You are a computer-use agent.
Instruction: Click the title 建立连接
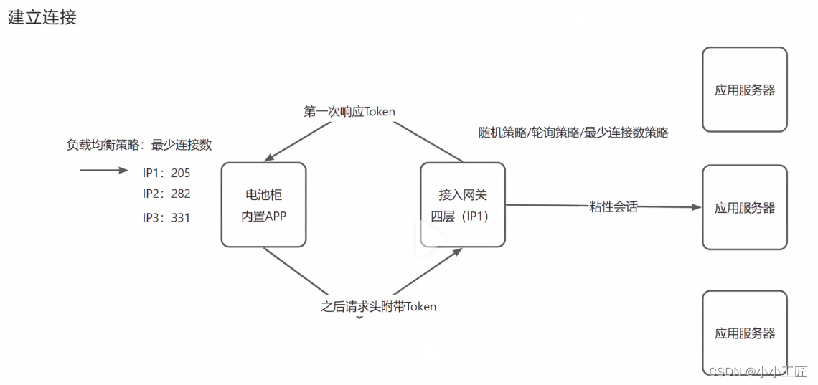pyautogui.click(x=42, y=18)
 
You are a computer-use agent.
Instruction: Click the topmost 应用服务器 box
pyautogui.click(x=744, y=90)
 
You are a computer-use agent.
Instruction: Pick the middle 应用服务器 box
pyautogui.click(x=744, y=208)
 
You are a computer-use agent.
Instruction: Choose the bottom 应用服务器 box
pyautogui.click(x=744, y=333)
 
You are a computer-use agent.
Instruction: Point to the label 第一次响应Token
pyautogui.click(x=349, y=112)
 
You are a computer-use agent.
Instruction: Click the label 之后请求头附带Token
pyautogui.click(x=378, y=306)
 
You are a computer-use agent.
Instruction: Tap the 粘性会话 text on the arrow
pyautogui.click(x=613, y=207)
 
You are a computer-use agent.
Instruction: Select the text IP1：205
pyautogui.click(x=166, y=173)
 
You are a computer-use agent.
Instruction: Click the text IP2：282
pyautogui.click(x=166, y=194)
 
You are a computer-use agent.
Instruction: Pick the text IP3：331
pyautogui.click(x=166, y=217)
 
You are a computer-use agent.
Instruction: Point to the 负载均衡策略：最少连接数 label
pyautogui.click(x=139, y=145)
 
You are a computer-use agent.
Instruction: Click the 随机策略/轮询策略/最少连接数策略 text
pyautogui.click(x=573, y=133)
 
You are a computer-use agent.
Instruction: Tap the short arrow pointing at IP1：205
pyautogui.click(x=103, y=171)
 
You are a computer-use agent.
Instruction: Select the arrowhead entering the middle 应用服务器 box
pyautogui.click(x=695, y=207)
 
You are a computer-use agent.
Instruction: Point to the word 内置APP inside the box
pyautogui.click(x=263, y=215)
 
